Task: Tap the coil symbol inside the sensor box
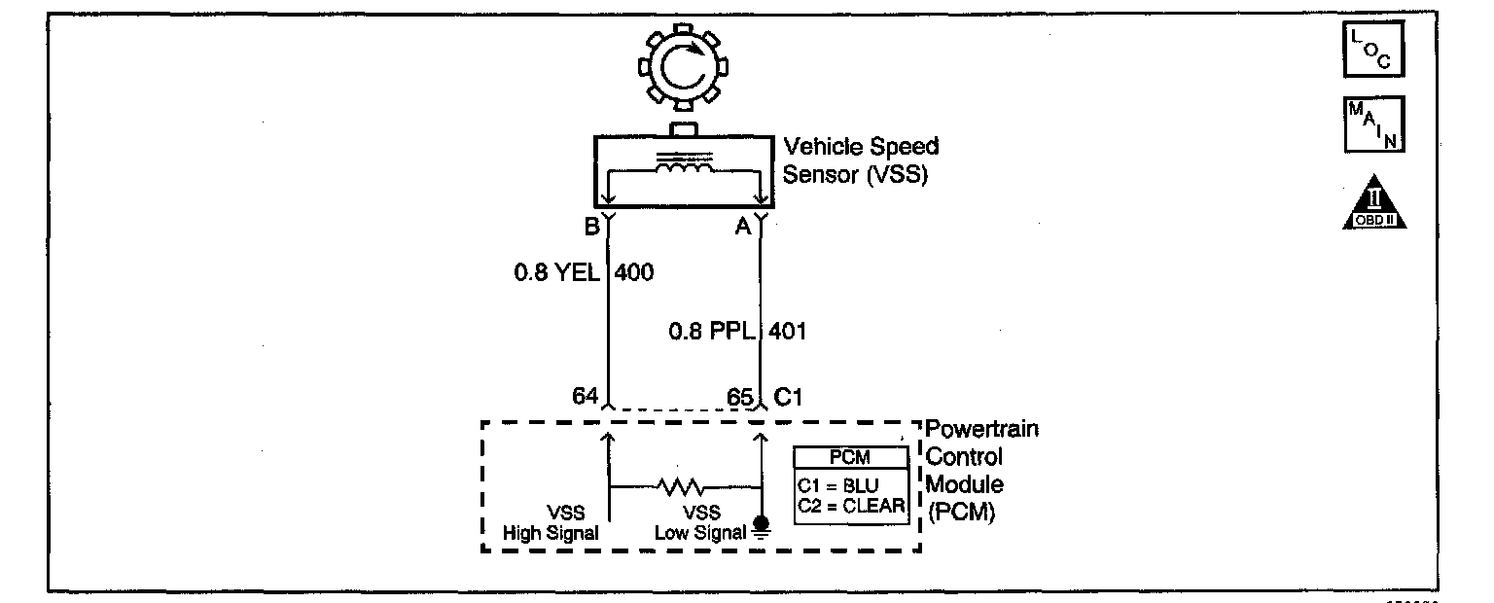point(684,168)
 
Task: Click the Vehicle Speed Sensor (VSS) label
point(861,160)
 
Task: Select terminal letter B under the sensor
point(590,229)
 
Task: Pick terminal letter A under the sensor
point(743,229)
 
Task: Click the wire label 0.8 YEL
point(557,273)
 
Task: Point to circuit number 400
point(634,273)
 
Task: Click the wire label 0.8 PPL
point(713,332)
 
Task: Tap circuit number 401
point(788,332)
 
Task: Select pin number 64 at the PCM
point(585,398)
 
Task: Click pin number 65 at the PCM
point(740,398)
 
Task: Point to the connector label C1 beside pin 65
point(788,398)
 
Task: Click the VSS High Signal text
point(551,523)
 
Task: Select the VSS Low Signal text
point(701,523)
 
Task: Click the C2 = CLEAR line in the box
point(851,506)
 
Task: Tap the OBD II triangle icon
point(1374,205)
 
